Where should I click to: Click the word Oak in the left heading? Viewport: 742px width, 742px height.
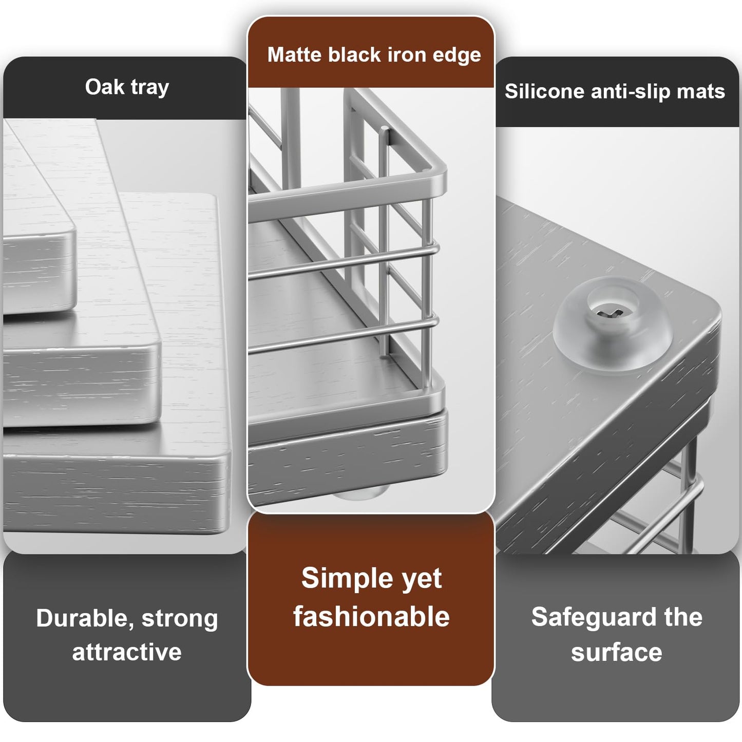(105, 87)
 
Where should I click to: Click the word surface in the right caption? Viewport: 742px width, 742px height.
(617, 653)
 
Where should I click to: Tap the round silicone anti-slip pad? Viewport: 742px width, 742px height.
(612, 323)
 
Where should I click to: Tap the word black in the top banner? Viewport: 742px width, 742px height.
(355, 54)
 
